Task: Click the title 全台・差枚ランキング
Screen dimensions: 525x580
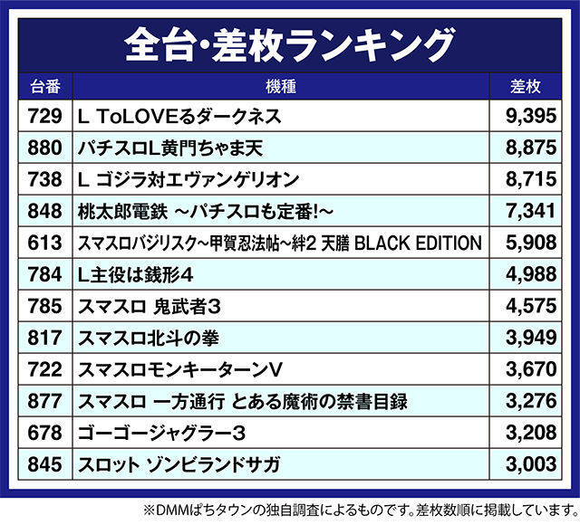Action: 289,42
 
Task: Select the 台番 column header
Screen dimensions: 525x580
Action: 45,87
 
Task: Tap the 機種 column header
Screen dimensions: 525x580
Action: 282,87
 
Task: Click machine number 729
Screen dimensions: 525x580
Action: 45,116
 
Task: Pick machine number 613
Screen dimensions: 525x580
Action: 45,243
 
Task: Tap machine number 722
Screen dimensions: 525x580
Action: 45,370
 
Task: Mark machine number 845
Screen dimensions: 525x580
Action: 45,465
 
